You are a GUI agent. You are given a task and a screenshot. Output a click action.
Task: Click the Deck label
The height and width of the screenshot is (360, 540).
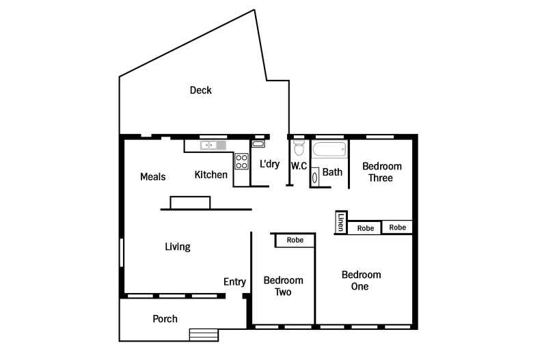(x=201, y=90)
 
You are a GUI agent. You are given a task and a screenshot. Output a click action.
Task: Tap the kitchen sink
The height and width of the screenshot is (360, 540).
(x=213, y=146)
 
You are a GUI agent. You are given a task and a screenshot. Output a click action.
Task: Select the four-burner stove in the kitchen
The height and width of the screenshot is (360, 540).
(x=241, y=161)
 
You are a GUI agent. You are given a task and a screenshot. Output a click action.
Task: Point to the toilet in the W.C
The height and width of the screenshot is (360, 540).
(x=299, y=148)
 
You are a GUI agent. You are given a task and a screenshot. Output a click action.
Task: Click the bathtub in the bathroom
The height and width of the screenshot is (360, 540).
(x=329, y=150)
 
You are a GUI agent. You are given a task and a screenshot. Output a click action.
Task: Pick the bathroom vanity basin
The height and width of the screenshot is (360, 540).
(x=314, y=178)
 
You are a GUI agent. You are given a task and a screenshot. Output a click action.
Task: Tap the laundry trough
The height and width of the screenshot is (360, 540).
(x=258, y=144)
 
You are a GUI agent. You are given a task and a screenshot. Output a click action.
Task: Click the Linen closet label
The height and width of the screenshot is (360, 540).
(x=341, y=222)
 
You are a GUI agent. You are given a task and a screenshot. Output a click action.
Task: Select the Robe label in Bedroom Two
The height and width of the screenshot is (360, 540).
(x=295, y=240)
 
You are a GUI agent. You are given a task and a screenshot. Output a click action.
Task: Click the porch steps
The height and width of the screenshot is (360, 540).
(x=204, y=335)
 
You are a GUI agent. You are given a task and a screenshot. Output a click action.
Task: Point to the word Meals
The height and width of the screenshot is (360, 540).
(x=153, y=177)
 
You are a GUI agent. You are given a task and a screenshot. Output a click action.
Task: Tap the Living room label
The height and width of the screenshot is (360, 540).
(x=178, y=247)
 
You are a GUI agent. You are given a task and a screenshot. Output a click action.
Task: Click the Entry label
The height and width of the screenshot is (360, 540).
(x=234, y=282)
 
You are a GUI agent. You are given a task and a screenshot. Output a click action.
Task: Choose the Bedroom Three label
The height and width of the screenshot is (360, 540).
(x=381, y=172)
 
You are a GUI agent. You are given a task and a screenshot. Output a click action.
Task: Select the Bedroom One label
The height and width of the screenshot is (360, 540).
(x=361, y=281)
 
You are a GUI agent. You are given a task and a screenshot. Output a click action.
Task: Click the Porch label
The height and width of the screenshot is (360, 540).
(x=165, y=319)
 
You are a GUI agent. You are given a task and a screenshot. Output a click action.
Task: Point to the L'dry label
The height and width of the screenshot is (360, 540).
(x=269, y=164)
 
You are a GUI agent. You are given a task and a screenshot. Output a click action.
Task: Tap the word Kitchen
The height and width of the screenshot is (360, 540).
(x=211, y=175)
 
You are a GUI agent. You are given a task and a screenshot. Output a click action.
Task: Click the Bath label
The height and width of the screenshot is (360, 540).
(x=332, y=172)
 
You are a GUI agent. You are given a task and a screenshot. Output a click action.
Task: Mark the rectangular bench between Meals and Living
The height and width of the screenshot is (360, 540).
(x=190, y=203)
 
